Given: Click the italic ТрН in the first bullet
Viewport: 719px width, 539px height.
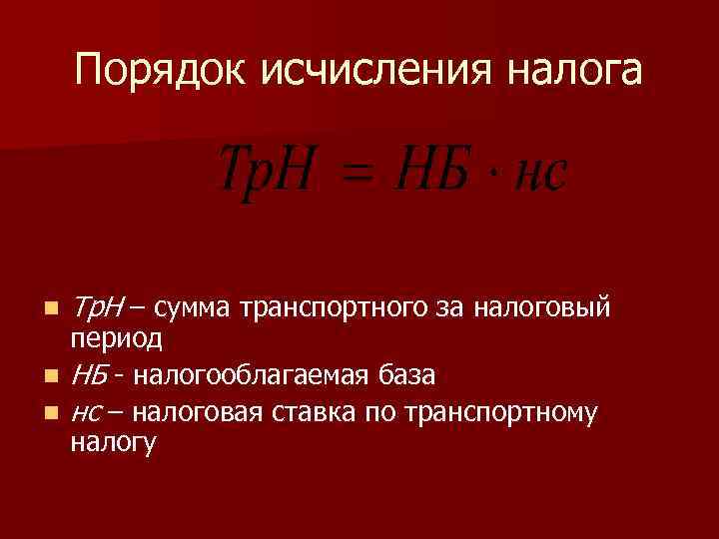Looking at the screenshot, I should click(97, 304).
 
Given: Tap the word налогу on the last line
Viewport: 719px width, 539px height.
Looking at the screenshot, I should click(113, 444).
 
